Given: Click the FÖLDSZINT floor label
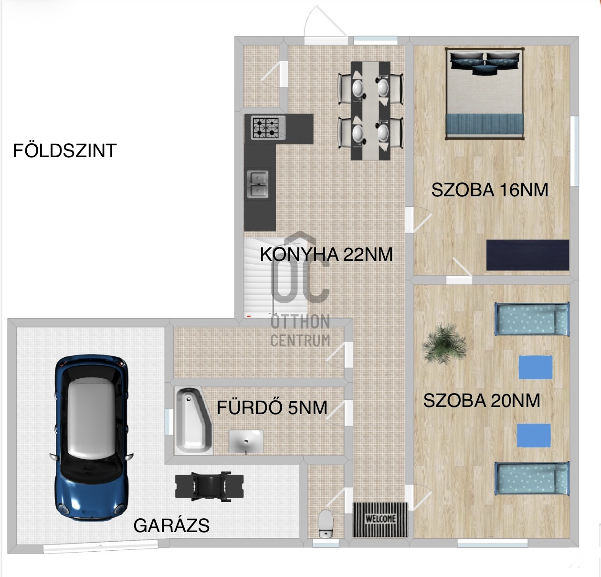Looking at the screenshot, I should (x=64, y=151).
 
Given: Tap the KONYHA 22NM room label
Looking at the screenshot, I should (x=326, y=254).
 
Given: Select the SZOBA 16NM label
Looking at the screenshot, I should (x=489, y=190).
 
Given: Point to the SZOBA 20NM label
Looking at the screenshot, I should (x=481, y=401).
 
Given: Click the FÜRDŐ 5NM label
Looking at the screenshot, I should (x=272, y=408).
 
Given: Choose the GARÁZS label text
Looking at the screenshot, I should (x=171, y=525).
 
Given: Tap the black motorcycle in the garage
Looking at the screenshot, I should (x=210, y=486).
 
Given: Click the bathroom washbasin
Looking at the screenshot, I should (x=246, y=441).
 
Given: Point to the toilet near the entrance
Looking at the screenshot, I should (x=326, y=524).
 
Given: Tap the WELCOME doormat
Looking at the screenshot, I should (x=380, y=519).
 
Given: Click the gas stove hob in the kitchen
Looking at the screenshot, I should (x=267, y=128).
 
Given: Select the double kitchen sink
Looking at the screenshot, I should (x=258, y=184).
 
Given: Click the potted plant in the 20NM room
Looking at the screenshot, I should (x=444, y=343).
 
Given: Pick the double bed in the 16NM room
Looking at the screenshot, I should (x=485, y=93).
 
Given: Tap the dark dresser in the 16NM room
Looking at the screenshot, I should (x=527, y=255).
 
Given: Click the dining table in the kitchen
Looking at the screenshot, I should (x=370, y=110).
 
